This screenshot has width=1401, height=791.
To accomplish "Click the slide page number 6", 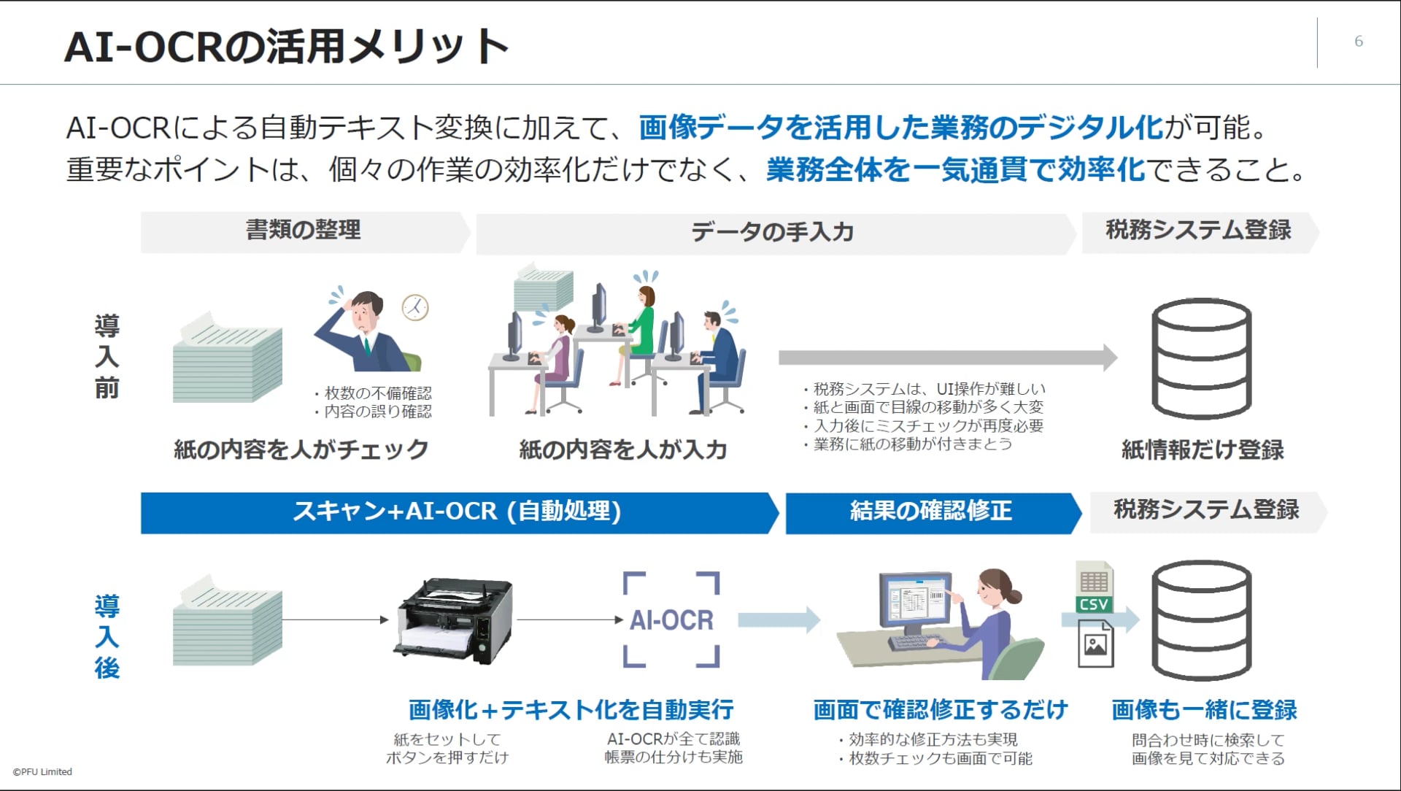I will pyautogui.click(x=1358, y=42).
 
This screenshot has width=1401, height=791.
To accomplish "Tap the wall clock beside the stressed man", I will pyautogui.click(x=415, y=307).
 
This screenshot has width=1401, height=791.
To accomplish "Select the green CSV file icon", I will pyautogui.click(x=1094, y=588).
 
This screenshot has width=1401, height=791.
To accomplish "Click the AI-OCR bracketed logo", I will pyautogui.click(x=671, y=620).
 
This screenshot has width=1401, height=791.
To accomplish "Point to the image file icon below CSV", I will pyautogui.click(x=1095, y=644).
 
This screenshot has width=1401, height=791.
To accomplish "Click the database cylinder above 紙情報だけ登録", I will pyautogui.click(x=1201, y=358).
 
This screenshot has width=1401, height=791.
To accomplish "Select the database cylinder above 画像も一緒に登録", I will pyautogui.click(x=1201, y=621).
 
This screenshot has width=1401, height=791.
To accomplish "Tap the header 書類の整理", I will pyautogui.click(x=304, y=231).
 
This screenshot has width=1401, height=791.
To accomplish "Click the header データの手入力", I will pyautogui.click(x=773, y=233).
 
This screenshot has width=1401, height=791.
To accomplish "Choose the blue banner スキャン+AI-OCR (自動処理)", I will pyautogui.click(x=458, y=512).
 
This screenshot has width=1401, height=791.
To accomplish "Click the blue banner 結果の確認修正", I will pyautogui.click(x=930, y=512).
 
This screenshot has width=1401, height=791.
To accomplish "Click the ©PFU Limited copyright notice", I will pyautogui.click(x=43, y=771).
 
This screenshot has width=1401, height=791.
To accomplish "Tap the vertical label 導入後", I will pyautogui.click(x=107, y=637).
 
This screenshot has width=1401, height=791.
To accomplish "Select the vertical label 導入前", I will pyautogui.click(x=107, y=357).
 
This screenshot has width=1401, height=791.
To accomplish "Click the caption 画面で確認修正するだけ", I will pyautogui.click(x=941, y=709).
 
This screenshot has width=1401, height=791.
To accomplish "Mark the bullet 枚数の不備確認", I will pyautogui.click(x=377, y=393).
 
